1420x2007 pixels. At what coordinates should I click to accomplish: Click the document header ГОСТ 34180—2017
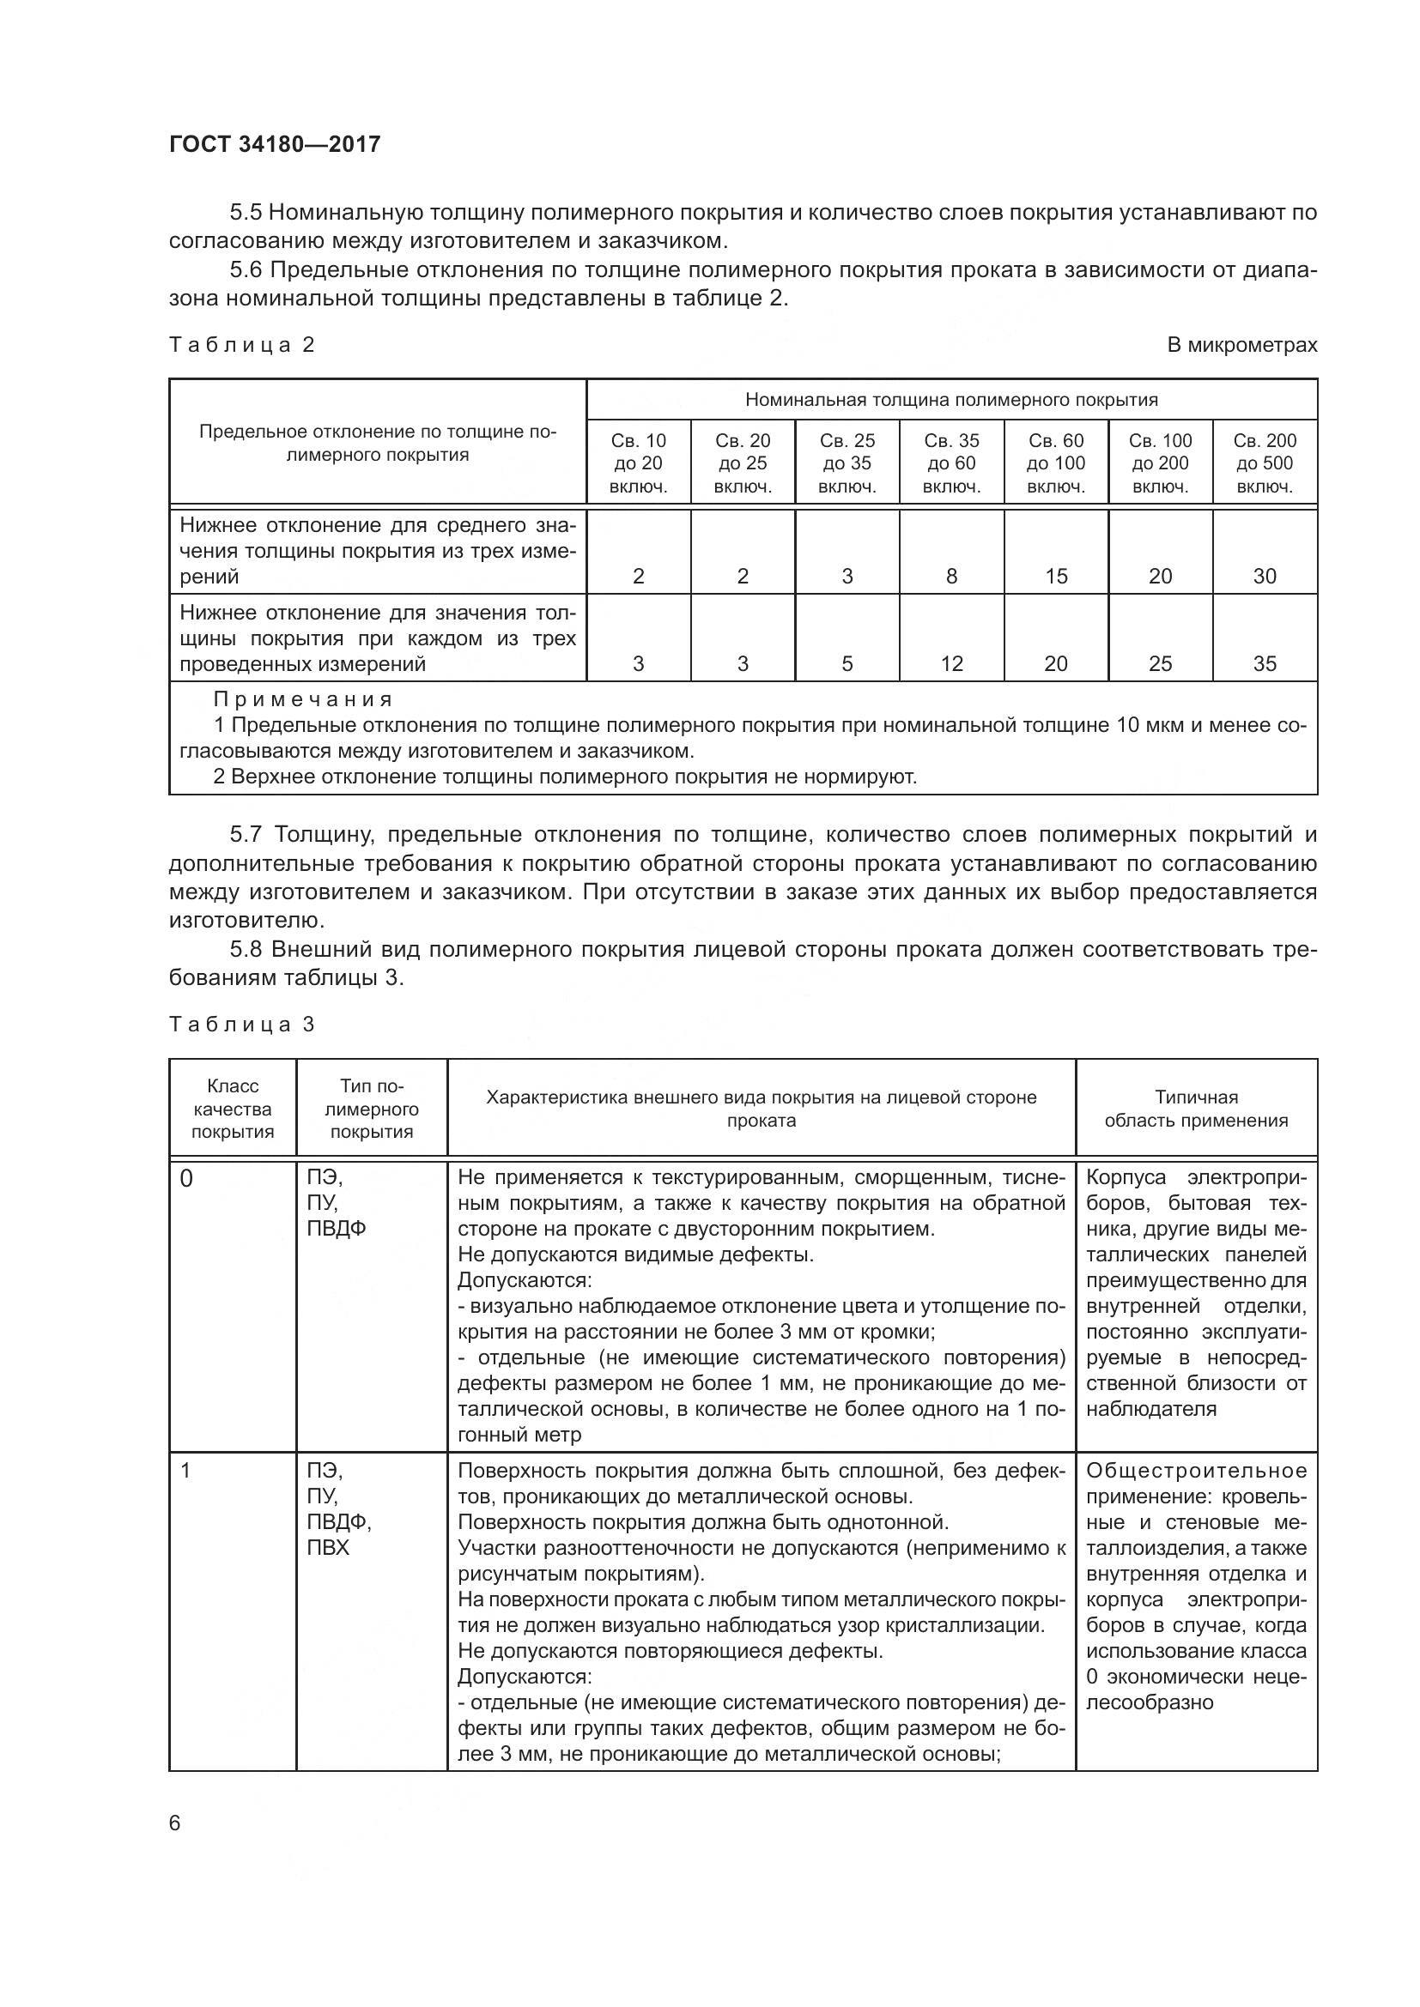point(275,144)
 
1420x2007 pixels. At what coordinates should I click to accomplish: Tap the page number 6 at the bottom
point(175,1823)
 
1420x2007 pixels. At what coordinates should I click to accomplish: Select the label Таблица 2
point(241,345)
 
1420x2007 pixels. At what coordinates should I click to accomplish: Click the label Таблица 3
point(241,1025)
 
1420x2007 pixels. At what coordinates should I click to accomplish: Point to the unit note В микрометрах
point(1241,345)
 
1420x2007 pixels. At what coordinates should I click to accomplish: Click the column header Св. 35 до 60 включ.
point(951,463)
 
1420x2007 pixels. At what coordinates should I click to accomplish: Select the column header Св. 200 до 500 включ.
point(1265,463)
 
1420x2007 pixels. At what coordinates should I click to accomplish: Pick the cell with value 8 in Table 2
point(951,576)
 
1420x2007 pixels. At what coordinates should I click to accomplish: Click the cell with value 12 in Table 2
point(951,663)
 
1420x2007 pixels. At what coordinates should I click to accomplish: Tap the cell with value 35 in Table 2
point(1265,663)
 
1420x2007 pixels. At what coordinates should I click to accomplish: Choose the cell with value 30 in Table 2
point(1265,576)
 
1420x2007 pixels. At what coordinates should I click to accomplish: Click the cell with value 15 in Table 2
point(1055,576)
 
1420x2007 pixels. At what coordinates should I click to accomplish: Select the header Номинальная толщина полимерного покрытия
point(951,401)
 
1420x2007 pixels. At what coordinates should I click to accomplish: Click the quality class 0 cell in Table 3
point(186,1179)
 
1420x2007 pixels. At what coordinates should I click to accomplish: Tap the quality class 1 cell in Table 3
point(185,1472)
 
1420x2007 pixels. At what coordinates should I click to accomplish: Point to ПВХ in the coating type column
point(328,1547)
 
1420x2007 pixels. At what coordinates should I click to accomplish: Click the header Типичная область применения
point(1196,1109)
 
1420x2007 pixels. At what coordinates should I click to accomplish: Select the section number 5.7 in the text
point(247,835)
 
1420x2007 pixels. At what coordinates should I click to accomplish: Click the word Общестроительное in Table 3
point(1196,1472)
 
